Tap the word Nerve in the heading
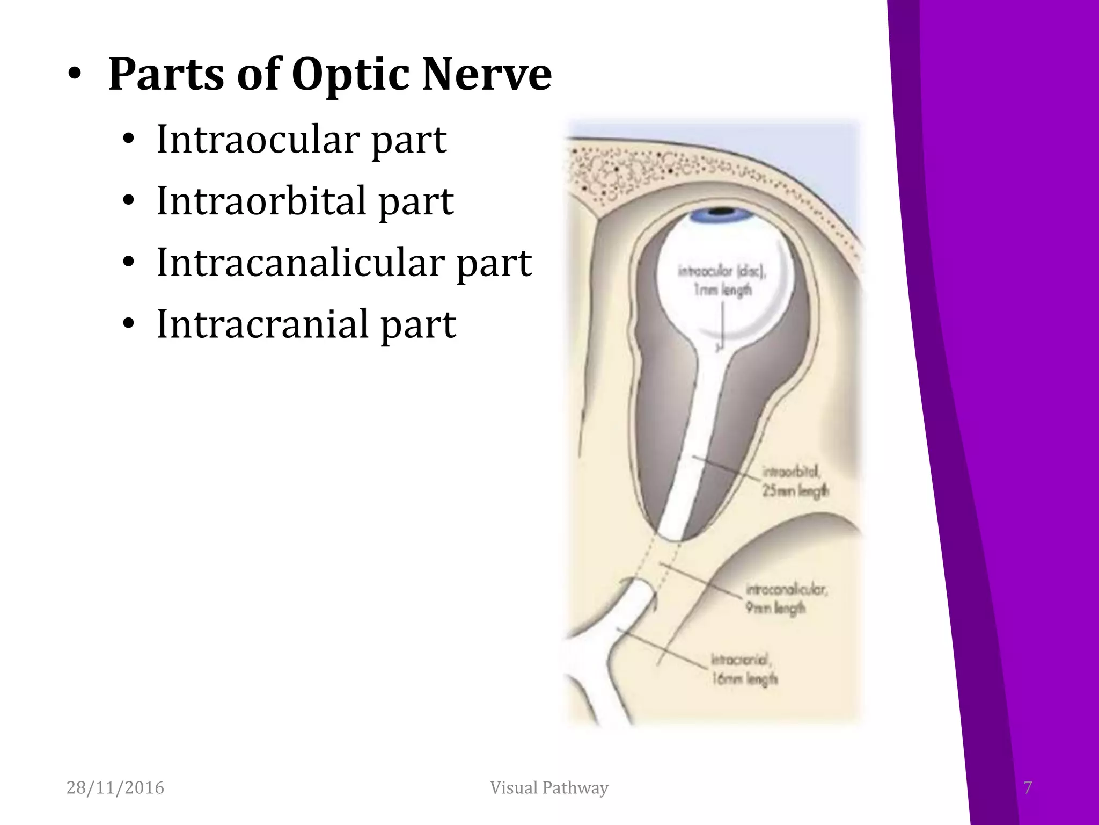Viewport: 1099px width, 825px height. tap(486, 74)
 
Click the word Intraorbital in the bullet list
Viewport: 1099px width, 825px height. tap(260, 201)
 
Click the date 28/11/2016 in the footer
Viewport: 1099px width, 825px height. tap(115, 788)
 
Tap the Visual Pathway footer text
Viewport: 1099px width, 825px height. tap(549, 788)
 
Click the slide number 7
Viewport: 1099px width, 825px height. tap(1028, 788)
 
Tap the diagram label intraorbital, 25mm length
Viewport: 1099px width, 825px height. tap(795, 482)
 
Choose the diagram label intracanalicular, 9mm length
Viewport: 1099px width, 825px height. tap(786, 598)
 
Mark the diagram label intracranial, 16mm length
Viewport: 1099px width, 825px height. tap(744, 669)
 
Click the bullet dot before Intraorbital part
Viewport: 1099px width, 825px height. tap(128, 202)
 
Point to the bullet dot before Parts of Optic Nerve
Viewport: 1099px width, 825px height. tap(75, 75)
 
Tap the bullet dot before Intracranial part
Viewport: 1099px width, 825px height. tap(128, 325)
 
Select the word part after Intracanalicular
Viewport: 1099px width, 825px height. tap(494, 263)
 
